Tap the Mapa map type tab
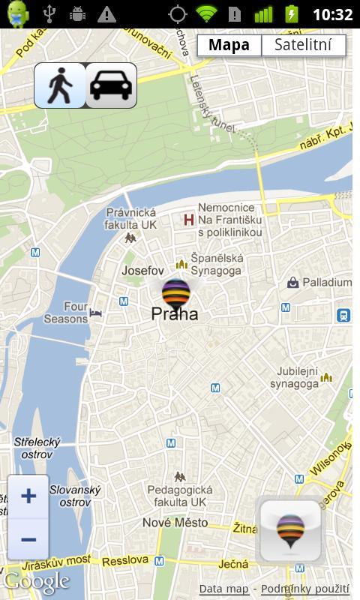(x=229, y=45)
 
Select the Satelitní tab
(x=303, y=45)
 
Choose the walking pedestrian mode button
(x=59, y=85)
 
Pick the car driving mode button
(x=111, y=85)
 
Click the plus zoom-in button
(x=28, y=496)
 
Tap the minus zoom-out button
(x=28, y=539)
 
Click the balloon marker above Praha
(x=176, y=293)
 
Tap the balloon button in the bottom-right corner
(x=290, y=530)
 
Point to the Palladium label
(x=326, y=283)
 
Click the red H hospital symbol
(x=189, y=220)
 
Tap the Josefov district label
(x=142, y=270)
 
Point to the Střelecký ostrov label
(x=37, y=448)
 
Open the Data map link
(x=223, y=589)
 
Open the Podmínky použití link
(x=305, y=589)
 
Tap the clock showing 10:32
(x=332, y=14)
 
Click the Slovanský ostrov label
(x=75, y=496)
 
